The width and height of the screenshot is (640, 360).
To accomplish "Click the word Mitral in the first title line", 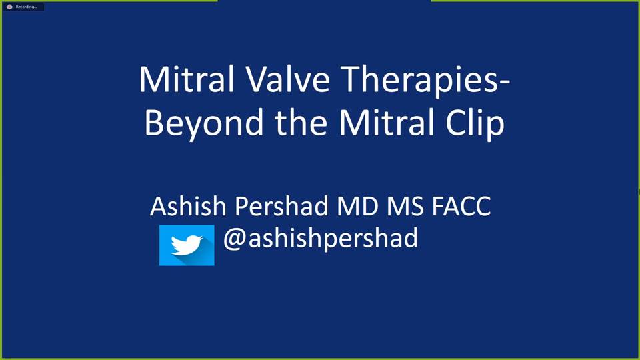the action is coord(187,79).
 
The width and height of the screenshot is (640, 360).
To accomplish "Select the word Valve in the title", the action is coord(288,79).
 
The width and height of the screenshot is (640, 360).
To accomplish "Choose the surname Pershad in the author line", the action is coord(281,206).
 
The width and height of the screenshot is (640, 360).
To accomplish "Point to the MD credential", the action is coord(357,206).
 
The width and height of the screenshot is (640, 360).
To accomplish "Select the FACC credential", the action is coord(461,206).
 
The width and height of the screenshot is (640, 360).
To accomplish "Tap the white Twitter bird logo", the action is coord(187,245).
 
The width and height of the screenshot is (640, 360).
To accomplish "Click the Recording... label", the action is coord(26,7).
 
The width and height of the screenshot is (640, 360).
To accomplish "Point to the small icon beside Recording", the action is coord(9,7).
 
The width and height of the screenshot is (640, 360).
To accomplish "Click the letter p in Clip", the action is coord(497,129).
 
